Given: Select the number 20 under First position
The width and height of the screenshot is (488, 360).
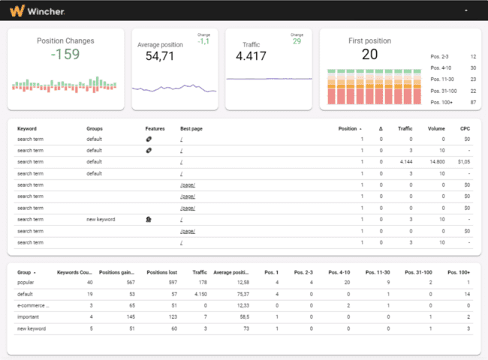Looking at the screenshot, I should (x=369, y=55).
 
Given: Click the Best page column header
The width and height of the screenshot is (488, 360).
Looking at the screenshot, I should (x=191, y=128).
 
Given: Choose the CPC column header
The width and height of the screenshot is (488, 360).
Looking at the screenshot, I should (x=465, y=128).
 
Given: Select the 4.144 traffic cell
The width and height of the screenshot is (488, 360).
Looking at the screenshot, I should (x=405, y=161).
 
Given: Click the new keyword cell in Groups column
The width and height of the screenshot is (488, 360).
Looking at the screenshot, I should (x=101, y=220).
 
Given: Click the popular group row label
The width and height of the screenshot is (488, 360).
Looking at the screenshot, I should (x=27, y=283).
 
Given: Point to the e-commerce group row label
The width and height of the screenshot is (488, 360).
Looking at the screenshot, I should (x=33, y=305).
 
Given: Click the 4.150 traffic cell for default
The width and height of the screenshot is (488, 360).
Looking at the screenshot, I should (x=198, y=294).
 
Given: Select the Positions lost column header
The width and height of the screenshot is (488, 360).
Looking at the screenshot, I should (x=162, y=271).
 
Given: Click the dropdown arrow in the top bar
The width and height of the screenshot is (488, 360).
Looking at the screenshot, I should (x=468, y=11).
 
